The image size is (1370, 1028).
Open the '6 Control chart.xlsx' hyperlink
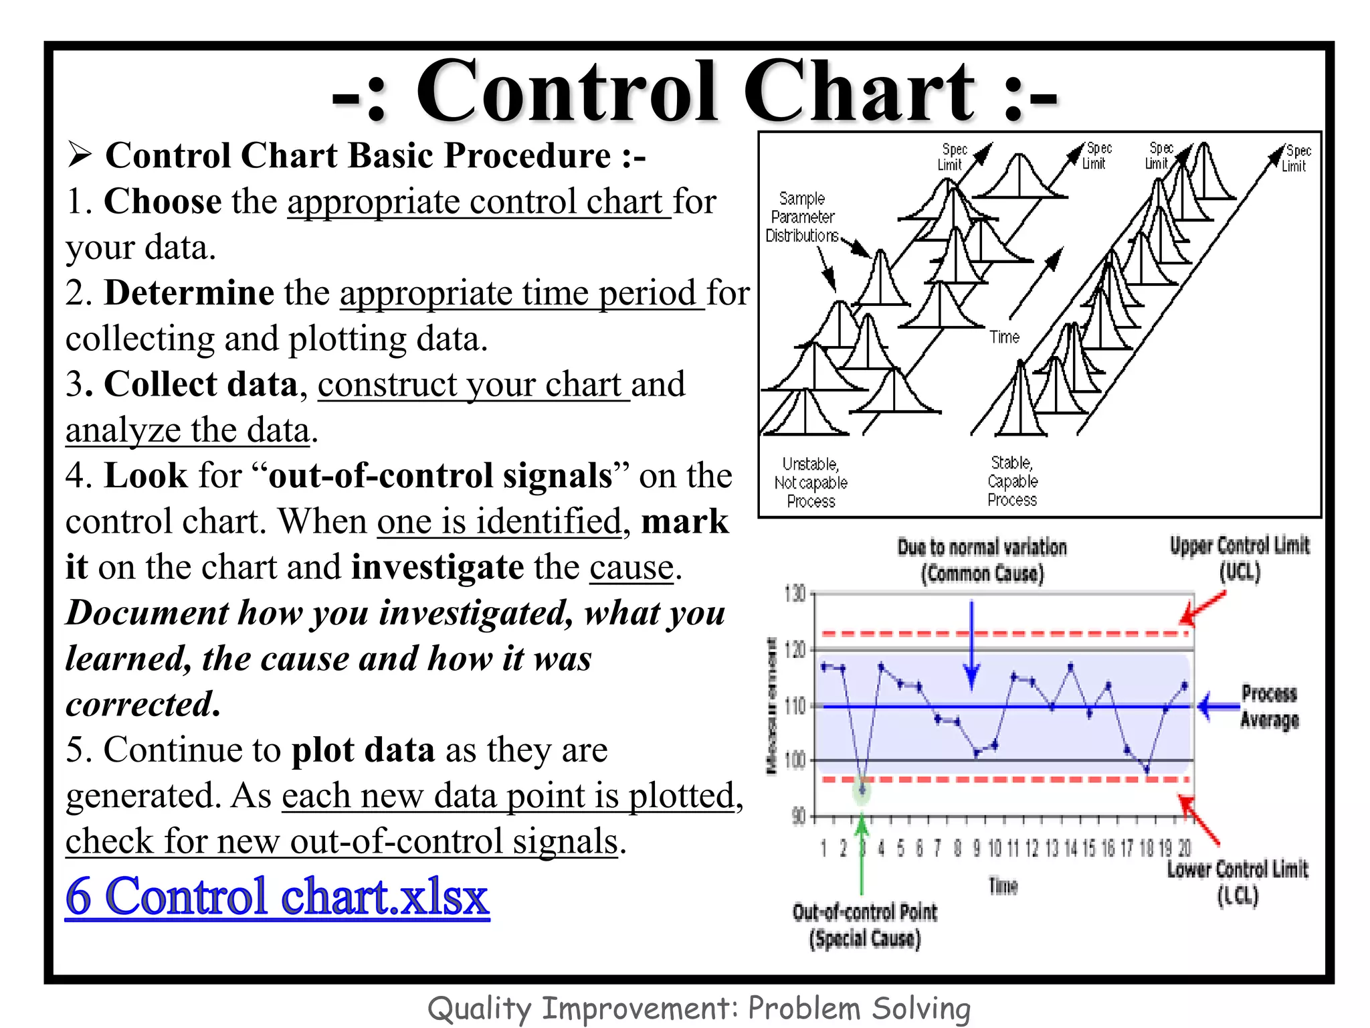(x=277, y=897)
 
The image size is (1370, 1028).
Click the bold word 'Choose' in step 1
(x=163, y=201)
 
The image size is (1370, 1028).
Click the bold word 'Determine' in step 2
(x=189, y=293)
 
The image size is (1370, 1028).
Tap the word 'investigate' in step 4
(x=437, y=568)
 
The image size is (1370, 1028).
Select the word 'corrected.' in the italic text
(x=143, y=704)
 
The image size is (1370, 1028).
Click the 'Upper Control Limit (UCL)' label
(x=1240, y=559)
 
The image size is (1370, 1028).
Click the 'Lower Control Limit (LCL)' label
(x=1237, y=882)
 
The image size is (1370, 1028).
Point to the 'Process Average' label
(x=1269, y=707)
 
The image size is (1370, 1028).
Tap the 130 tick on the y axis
(x=796, y=594)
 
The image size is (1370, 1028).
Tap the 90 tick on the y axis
(x=799, y=817)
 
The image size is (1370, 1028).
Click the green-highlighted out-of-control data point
(x=862, y=790)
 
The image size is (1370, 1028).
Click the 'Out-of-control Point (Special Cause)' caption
(x=864, y=926)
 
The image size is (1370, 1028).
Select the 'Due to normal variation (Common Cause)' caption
(x=981, y=560)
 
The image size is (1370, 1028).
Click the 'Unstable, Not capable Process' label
(x=811, y=483)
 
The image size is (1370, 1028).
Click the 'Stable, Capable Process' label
(x=1012, y=481)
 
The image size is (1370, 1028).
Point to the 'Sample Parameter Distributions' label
(x=802, y=218)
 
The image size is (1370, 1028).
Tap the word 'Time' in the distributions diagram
(x=1004, y=337)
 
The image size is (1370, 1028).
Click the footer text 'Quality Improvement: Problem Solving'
(x=698, y=1009)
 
